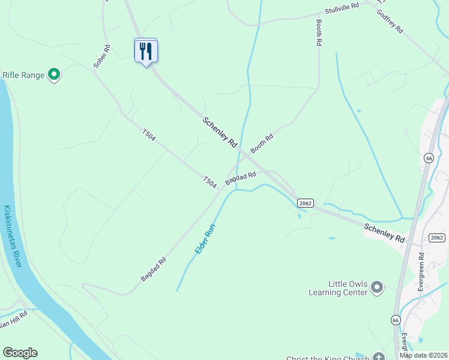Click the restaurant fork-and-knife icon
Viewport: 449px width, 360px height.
pyautogui.click(x=145, y=51)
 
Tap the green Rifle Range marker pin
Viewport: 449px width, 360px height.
pyautogui.click(x=54, y=75)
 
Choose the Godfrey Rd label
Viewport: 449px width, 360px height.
pyautogui.click(x=390, y=22)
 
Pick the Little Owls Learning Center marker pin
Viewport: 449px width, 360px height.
pyautogui.click(x=377, y=287)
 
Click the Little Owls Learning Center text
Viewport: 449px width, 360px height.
pyautogui.click(x=346, y=288)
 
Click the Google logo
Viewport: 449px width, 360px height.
pyautogui.click(x=20, y=353)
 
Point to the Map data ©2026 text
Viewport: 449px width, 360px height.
pyautogui.click(x=423, y=355)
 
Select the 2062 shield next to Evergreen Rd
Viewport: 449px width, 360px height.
pyautogui.click(x=437, y=238)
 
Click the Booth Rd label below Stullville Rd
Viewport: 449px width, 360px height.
pyautogui.click(x=319, y=33)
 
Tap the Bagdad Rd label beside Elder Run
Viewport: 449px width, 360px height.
pyautogui.click(x=153, y=270)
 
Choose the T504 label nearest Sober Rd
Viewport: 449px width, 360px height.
pyautogui.click(x=149, y=136)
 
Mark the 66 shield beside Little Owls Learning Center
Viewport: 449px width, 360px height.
pyautogui.click(x=395, y=320)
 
